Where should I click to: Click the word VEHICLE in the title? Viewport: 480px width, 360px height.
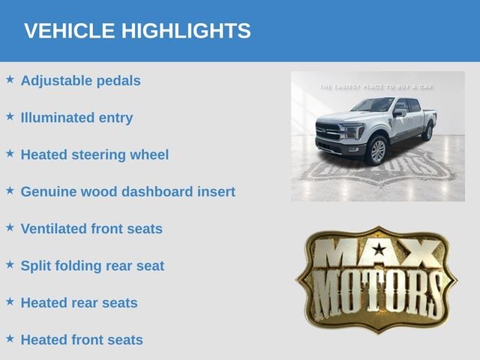click(69, 31)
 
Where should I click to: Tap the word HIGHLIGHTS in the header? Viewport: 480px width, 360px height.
click(186, 31)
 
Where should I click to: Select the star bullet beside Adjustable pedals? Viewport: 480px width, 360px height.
click(10, 79)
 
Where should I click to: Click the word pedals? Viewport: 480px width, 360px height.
click(118, 81)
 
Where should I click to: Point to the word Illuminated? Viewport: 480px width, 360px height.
click(57, 118)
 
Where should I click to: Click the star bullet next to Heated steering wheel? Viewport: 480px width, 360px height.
click(10, 153)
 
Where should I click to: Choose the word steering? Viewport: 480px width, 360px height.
click(98, 155)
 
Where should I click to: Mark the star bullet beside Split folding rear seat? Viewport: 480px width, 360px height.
click(10, 265)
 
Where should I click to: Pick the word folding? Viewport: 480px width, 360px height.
click(78, 266)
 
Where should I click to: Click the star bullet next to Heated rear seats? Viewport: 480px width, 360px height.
click(10, 301)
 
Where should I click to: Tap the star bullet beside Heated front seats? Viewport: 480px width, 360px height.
click(10, 338)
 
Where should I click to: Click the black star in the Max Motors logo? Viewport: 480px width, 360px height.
click(379, 250)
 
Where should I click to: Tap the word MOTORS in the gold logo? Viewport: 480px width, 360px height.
click(376, 295)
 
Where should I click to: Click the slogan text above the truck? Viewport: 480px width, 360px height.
click(376, 87)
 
